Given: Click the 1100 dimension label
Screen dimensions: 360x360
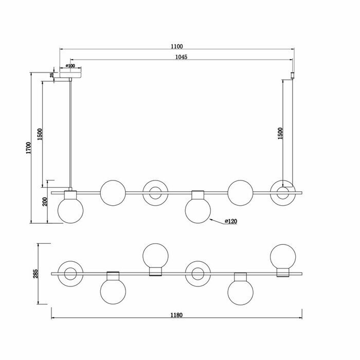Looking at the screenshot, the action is (177, 46).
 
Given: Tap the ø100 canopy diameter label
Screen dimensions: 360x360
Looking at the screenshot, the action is (70, 66).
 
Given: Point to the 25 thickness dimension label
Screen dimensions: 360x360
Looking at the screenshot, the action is (52, 75).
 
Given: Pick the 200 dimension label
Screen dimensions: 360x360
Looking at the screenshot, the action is (45, 202).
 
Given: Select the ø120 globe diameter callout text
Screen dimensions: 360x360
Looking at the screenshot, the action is (231, 221).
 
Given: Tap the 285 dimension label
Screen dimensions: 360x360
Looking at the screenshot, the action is (35, 273).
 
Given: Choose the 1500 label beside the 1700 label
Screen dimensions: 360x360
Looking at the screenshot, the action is (40, 134).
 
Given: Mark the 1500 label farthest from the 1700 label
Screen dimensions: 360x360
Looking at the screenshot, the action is (280, 133).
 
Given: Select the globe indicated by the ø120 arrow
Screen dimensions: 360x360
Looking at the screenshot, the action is (198, 211).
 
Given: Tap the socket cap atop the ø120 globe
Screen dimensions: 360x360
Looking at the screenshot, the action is (198, 195).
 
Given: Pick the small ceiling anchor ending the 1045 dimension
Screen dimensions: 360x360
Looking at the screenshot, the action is (294, 75).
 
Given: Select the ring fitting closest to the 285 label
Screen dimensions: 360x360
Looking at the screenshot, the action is (70, 274).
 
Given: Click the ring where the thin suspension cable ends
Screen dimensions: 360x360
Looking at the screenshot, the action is (283, 193).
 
